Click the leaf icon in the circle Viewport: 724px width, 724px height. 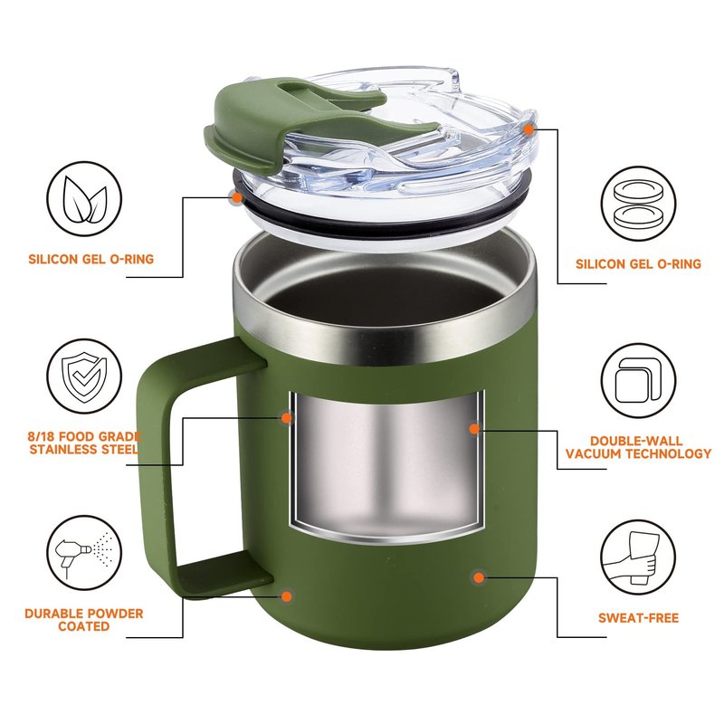[x=85, y=199]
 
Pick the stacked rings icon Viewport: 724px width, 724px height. [x=638, y=204]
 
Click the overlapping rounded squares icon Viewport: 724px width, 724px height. [x=638, y=380]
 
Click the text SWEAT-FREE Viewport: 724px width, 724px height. [x=638, y=618]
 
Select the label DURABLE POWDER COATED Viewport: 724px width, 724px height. [x=84, y=620]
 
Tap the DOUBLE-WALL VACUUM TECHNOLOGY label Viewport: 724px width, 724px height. [x=638, y=447]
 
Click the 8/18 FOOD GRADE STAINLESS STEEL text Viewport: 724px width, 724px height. [x=84, y=443]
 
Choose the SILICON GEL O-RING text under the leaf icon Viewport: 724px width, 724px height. [x=91, y=259]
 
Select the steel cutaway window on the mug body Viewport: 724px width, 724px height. [x=386, y=465]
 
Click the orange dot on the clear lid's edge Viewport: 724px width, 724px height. [x=529, y=130]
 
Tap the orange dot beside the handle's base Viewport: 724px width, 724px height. [x=287, y=595]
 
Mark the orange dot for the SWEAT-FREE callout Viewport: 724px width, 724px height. [x=479, y=577]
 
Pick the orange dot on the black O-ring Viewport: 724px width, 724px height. [x=237, y=197]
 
